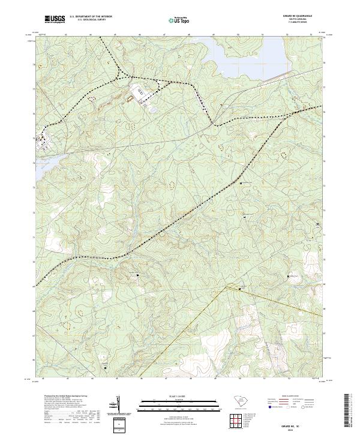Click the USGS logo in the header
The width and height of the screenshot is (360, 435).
[55, 19]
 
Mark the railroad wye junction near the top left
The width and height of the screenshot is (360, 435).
[120, 75]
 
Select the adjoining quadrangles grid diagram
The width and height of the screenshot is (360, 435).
[238, 421]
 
